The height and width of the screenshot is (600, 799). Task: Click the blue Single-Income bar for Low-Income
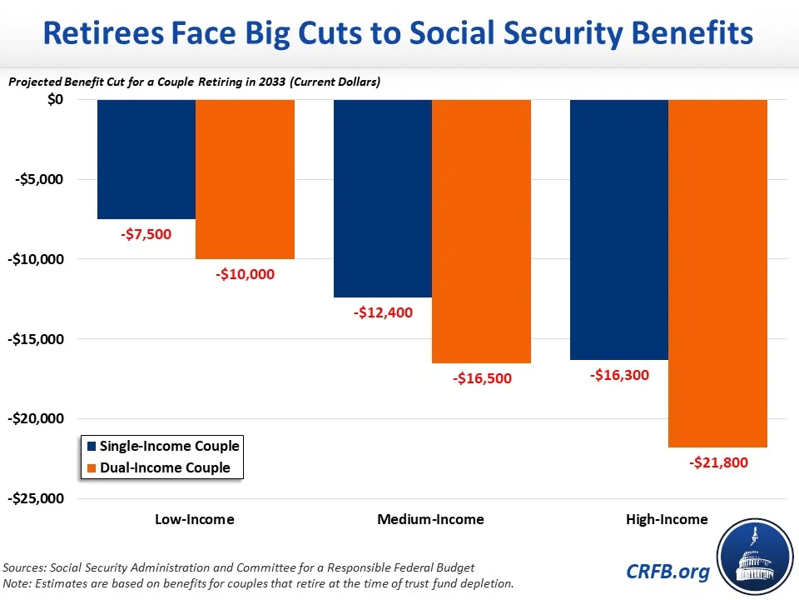click(x=146, y=159)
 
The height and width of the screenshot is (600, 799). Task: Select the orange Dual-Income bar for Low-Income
click(x=246, y=179)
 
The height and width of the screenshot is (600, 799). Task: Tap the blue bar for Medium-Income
click(x=383, y=198)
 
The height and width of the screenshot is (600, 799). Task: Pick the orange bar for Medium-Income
click(x=482, y=231)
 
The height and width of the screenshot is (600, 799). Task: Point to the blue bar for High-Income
click(x=619, y=229)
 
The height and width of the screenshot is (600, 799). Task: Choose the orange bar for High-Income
click(x=717, y=273)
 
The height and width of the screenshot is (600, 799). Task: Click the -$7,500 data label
click(x=146, y=234)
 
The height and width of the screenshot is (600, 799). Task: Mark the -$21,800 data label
click(x=717, y=462)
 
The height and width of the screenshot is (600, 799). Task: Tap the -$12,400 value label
click(x=383, y=313)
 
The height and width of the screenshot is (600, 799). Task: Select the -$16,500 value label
click(x=482, y=378)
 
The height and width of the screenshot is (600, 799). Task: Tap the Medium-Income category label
click(x=430, y=519)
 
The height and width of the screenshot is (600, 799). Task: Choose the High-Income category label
click(x=667, y=519)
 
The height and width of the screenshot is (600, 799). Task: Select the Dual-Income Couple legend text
click(x=166, y=467)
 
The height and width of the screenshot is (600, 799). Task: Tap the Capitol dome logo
click(x=753, y=557)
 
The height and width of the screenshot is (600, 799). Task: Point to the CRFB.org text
click(x=669, y=572)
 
